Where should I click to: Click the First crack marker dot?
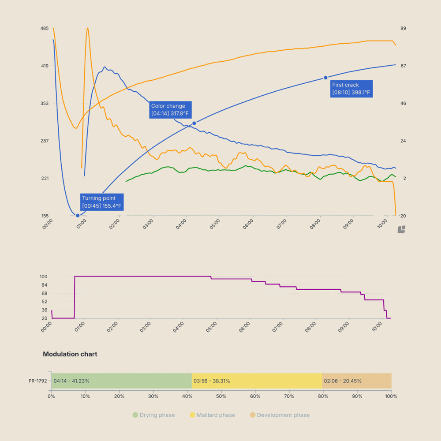[x=325, y=78]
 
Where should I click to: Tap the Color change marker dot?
[x=194, y=123]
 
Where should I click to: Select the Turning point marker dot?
[x=78, y=216]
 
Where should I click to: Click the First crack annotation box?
[x=351, y=89]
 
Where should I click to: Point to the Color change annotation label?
[x=170, y=110]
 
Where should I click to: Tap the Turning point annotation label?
[x=101, y=202]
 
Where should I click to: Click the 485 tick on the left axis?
[x=44, y=29]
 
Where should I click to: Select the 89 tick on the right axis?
[x=403, y=29]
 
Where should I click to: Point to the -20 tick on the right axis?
[x=403, y=216]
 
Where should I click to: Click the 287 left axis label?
[x=44, y=141]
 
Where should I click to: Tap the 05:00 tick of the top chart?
[x=215, y=224]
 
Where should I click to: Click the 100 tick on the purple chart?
[x=44, y=277]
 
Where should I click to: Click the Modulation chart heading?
[x=70, y=354]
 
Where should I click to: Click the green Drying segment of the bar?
[x=121, y=381]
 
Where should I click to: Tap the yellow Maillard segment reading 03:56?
[x=257, y=381]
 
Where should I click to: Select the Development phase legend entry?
[x=279, y=415]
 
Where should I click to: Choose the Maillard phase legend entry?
[x=212, y=415]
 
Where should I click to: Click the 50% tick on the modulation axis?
[x=221, y=396]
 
